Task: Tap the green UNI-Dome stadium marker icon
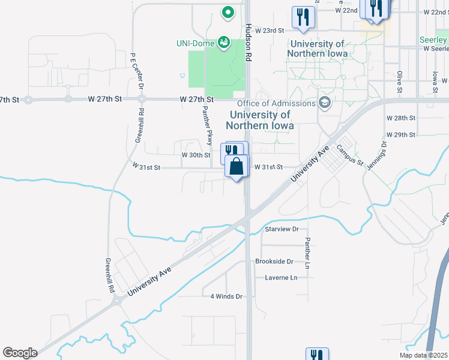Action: point(224,41)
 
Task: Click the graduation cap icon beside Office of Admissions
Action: point(325,103)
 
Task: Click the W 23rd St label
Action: point(269,30)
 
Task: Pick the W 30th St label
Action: point(196,155)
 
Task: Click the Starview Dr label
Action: point(282,229)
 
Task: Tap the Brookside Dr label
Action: point(274,262)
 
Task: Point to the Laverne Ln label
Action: point(282,278)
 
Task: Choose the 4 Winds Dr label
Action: point(226,296)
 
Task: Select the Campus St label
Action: point(350,155)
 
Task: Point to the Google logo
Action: point(20,353)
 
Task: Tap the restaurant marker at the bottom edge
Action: point(316,355)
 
